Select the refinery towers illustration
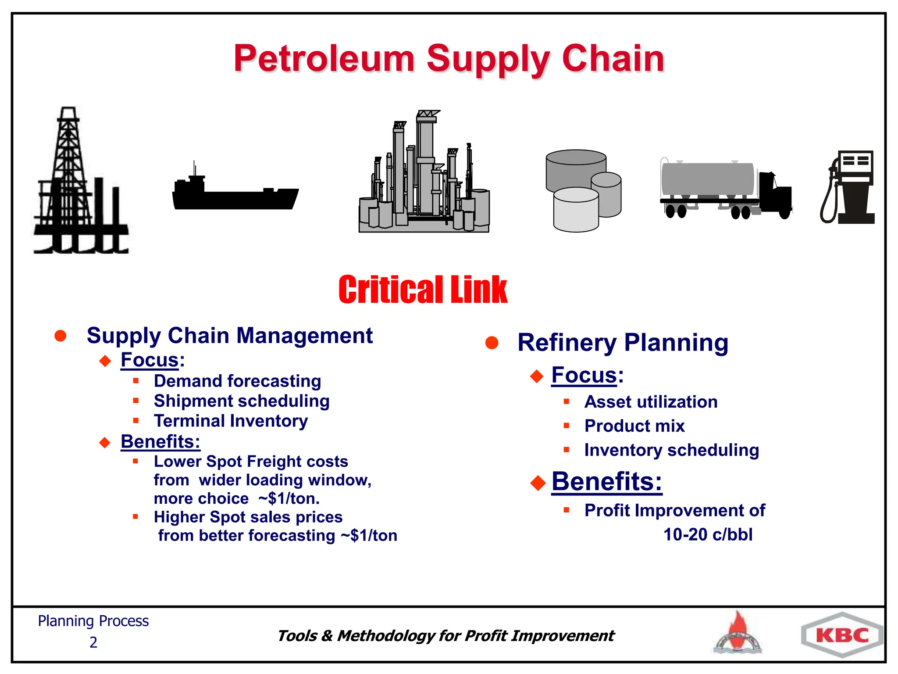[x=424, y=176]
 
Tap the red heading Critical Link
[x=423, y=290]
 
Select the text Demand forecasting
[x=237, y=381]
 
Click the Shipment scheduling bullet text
[x=242, y=401]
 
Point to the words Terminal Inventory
[x=231, y=421]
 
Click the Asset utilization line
[x=651, y=402]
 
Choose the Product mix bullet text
[x=634, y=426]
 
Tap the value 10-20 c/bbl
[x=708, y=534]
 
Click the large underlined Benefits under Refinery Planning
[x=606, y=481]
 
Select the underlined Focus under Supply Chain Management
[x=150, y=360]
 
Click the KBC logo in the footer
[x=842, y=635]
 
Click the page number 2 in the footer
[x=93, y=642]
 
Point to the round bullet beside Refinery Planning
[x=492, y=343]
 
